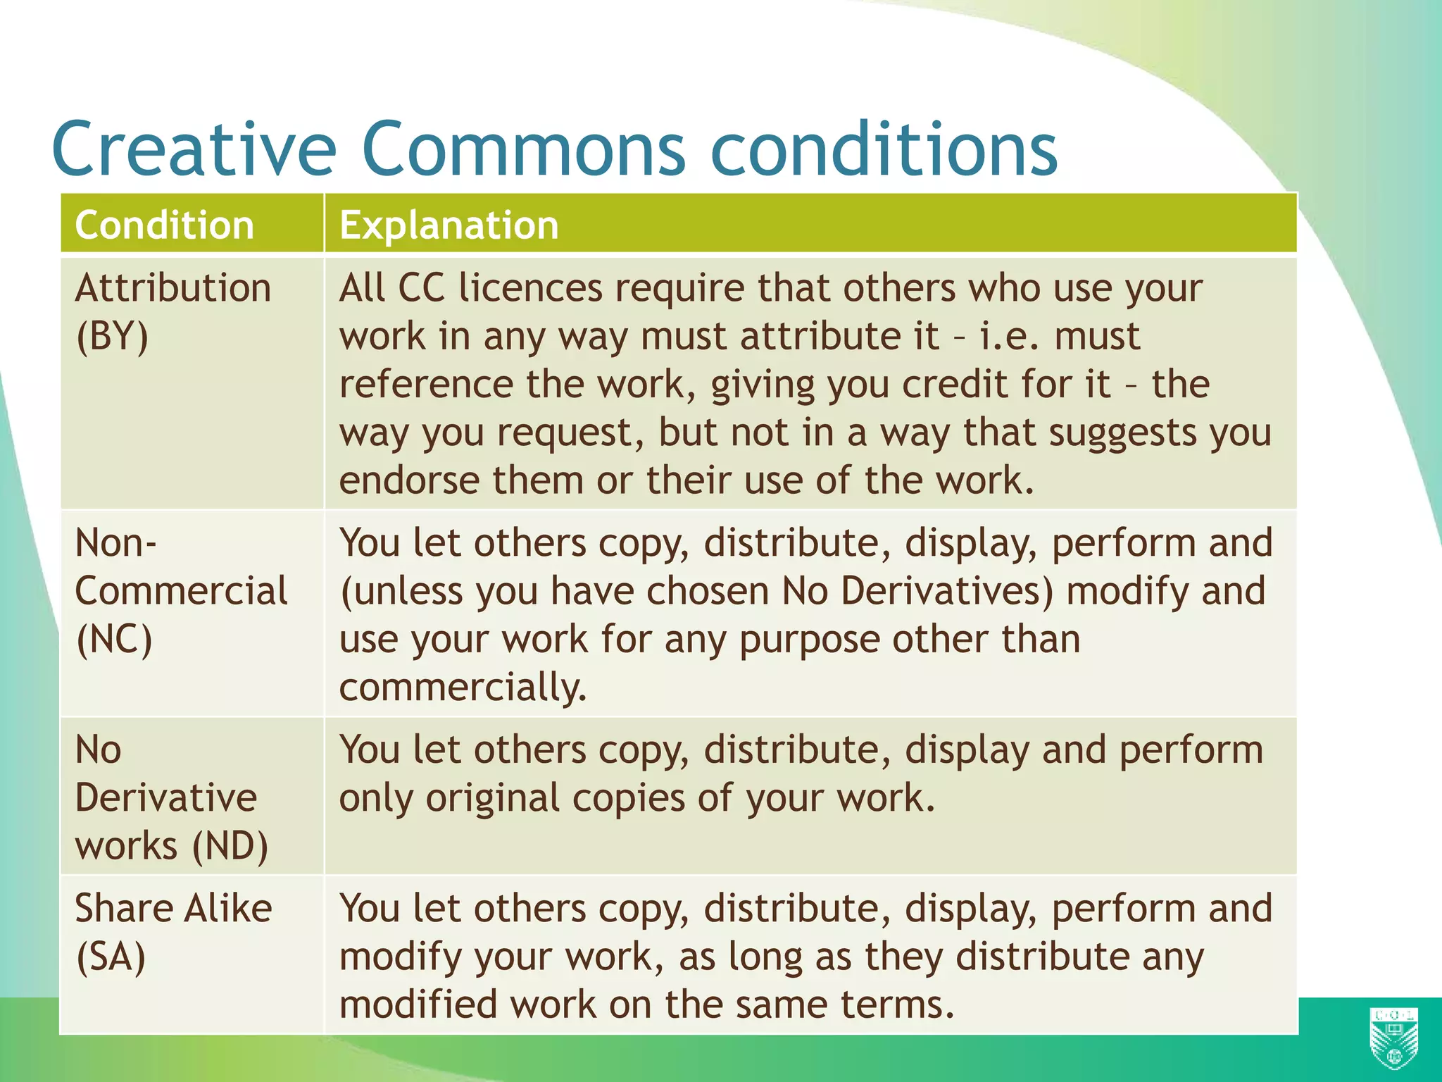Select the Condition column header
click(x=164, y=225)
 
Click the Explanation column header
click(x=449, y=225)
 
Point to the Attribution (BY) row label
click(x=173, y=311)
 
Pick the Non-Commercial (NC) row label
click(x=180, y=590)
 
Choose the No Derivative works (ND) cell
click(x=171, y=797)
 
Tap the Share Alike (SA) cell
click(x=173, y=931)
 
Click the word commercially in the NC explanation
click(x=462, y=688)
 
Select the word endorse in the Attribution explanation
click(x=408, y=480)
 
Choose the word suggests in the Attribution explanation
click(x=1122, y=433)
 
